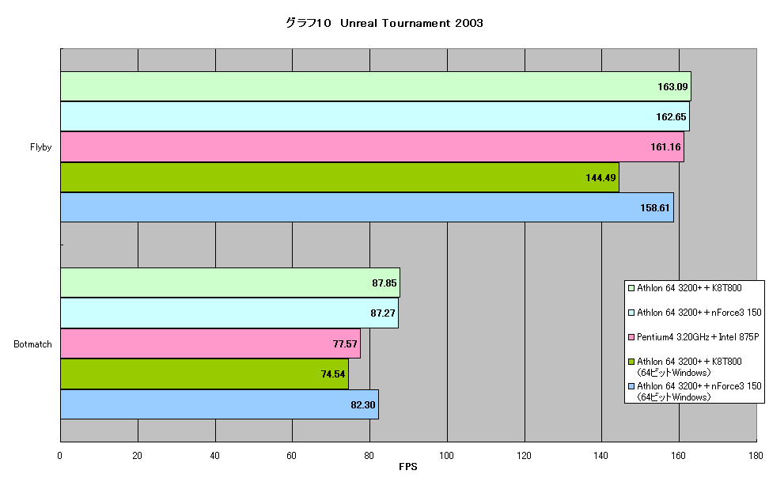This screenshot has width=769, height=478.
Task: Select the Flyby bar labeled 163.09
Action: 376,86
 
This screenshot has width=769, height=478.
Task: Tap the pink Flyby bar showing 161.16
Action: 373,146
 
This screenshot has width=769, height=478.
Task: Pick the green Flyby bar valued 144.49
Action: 340,177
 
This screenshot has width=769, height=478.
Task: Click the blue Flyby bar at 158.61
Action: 367,207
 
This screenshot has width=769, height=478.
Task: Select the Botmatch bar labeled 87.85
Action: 230,283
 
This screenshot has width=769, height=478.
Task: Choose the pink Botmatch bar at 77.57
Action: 210,343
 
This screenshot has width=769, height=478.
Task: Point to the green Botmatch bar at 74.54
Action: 204,374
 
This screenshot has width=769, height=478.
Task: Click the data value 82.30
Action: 363,405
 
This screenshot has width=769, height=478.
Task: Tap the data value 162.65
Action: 672,117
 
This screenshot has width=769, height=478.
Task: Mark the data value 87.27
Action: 383,313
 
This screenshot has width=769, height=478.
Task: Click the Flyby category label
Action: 40,147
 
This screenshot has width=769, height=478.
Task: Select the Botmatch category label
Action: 33,344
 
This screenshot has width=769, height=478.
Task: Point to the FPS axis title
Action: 408,467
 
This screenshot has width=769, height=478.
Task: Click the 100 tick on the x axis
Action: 447,455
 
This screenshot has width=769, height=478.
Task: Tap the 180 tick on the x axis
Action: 756,455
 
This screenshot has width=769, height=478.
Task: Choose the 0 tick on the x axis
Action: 60,455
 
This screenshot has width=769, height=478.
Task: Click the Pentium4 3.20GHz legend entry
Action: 694,337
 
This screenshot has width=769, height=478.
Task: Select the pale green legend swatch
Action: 631,288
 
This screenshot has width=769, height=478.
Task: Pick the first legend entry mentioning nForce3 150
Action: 695,313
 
